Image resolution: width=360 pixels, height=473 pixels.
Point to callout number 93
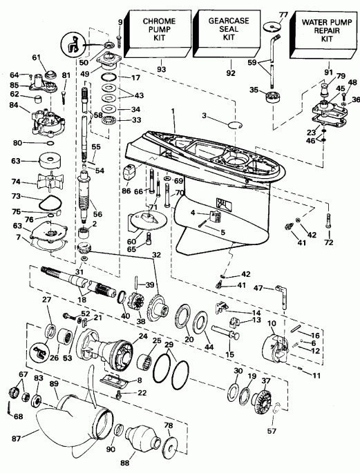[x=161, y=69]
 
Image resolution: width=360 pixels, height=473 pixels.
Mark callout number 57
[x=276, y=431]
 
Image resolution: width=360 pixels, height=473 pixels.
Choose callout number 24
[x=144, y=337]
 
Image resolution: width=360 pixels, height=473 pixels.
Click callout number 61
[x=37, y=57]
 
